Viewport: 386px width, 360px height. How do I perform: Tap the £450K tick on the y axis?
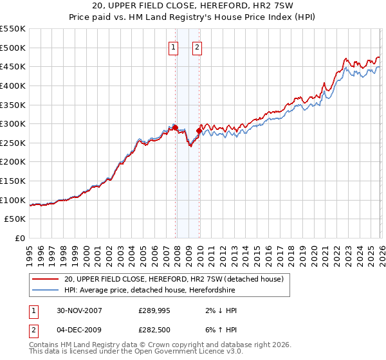coord(13,66)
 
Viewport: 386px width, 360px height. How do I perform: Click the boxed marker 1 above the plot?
coord(174,46)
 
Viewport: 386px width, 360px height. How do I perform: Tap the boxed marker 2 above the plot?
coord(196,46)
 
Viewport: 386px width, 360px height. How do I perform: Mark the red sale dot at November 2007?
coord(176,128)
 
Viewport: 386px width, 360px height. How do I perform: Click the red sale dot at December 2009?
coord(199,130)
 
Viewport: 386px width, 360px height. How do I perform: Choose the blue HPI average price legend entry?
coord(151,290)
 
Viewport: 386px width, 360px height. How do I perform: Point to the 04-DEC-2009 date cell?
coord(78,330)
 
